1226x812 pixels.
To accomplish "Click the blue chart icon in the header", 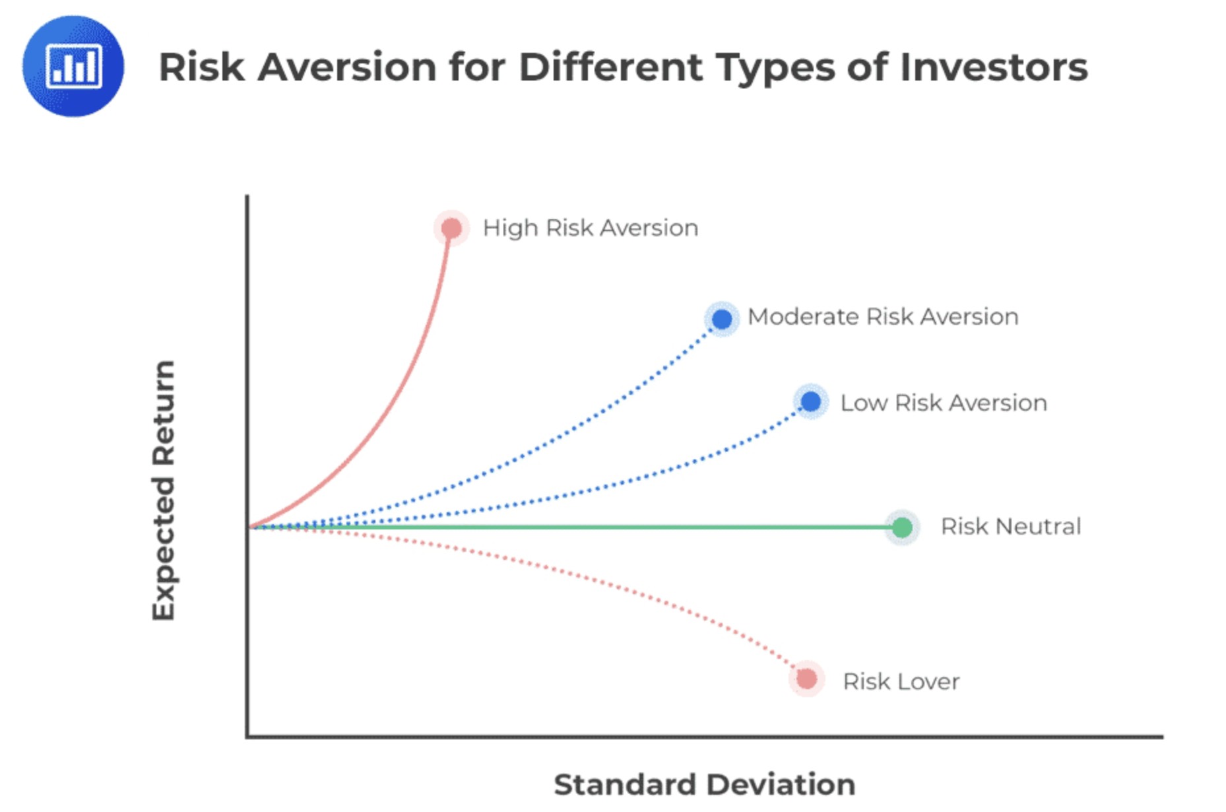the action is point(73,66).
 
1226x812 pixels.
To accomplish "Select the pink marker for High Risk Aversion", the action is point(451,228).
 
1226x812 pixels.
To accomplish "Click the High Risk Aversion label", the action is point(591,228).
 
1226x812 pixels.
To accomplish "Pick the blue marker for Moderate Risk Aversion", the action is point(722,320).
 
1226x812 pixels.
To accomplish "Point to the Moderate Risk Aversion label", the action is point(884,317).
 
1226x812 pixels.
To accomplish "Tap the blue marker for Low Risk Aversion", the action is point(811,401).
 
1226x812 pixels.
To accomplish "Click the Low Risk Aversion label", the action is point(944,403).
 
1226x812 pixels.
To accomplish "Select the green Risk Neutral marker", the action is point(902,527).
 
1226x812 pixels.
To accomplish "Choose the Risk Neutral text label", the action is point(1011,527).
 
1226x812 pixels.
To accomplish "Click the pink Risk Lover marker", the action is point(806,679).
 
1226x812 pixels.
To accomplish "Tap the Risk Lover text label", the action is point(901,682).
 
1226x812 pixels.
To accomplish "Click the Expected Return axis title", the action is point(164,491).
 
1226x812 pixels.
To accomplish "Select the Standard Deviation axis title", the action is point(705,785).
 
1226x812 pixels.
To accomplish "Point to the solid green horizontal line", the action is point(574,527).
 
